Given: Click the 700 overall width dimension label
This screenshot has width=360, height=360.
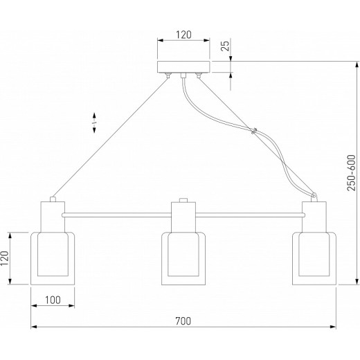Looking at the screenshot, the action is [x=183, y=321].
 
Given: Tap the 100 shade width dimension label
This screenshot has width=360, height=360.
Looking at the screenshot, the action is [x=53, y=300].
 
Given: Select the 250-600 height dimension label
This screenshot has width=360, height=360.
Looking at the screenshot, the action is [x=352, y=173].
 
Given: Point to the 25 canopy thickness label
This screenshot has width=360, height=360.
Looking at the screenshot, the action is [x=225, y=46].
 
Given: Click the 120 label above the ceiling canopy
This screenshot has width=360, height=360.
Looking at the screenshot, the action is [x=183, y=35].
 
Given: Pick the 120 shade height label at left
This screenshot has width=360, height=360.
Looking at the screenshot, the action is [x=5, y=258].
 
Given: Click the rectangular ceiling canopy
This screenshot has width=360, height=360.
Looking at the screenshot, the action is [x=183, y=67].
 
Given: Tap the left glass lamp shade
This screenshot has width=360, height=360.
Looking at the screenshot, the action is [x=53, y=258].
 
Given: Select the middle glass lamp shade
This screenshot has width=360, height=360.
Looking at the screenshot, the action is [x=183, y=258].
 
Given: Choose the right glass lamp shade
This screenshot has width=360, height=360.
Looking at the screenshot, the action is [x=314, y=258].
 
